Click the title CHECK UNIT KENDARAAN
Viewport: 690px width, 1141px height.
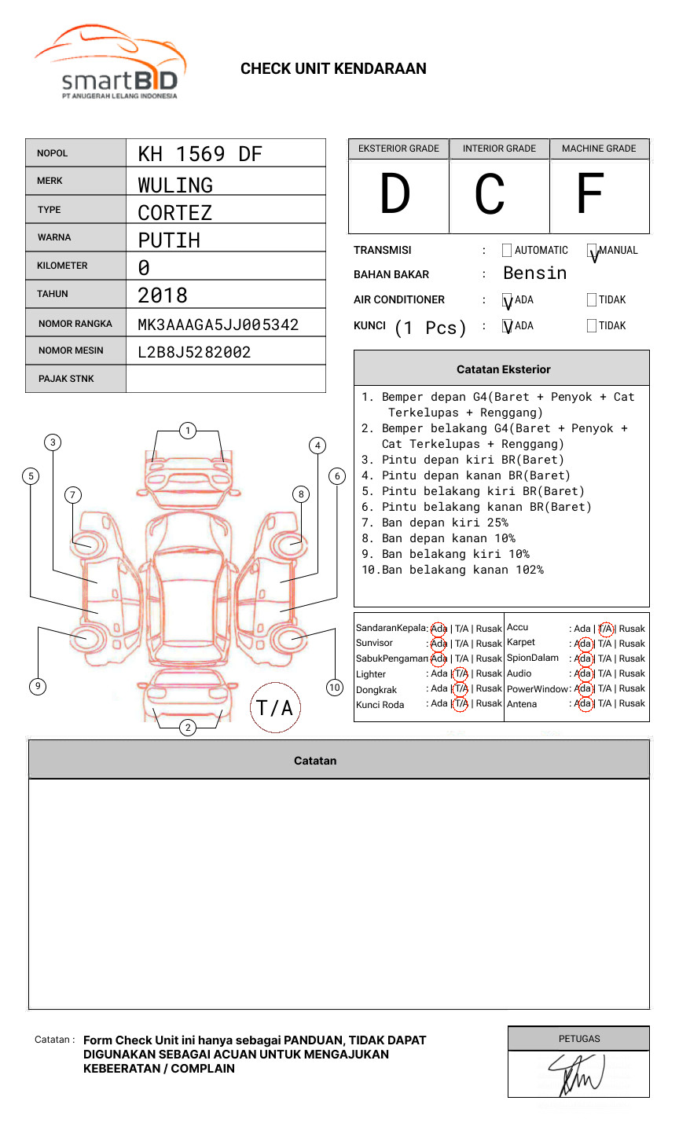333,69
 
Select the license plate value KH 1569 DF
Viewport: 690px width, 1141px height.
200,154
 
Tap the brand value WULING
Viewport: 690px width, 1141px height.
175,185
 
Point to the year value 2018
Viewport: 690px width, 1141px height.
163,295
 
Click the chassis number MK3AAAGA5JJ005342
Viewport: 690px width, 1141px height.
218,325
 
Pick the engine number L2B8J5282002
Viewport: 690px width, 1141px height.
194,352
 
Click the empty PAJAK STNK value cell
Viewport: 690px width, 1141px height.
226,379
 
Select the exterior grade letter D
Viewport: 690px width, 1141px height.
395,194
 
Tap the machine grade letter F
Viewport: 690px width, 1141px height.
589,194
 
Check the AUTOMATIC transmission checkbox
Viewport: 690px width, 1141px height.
507,251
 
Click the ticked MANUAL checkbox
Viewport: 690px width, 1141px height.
592,251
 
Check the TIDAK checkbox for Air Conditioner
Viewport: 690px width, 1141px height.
592,299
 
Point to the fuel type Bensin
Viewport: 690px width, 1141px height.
534,273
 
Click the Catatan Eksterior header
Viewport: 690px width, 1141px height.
503,369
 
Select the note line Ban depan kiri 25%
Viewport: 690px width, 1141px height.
445,523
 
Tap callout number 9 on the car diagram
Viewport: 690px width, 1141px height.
38,686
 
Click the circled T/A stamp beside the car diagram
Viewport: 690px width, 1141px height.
275,708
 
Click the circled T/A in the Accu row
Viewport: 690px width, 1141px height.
605,629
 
